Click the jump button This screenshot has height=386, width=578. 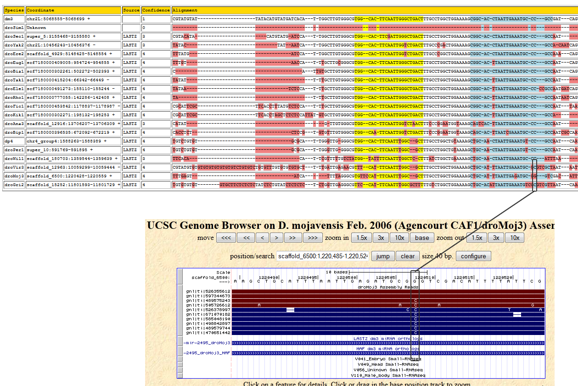[382, 256]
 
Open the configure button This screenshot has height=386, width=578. [473, 256]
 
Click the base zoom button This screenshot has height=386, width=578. [422, 238]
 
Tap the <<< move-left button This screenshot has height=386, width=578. [226, 238]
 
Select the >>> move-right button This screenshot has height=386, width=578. [312, 238]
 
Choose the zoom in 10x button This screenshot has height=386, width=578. [399, 238]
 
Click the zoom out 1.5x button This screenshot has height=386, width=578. [477, 238]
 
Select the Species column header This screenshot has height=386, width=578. [14, 10]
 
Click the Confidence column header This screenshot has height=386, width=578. [156, 10]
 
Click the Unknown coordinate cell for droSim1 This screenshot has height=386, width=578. [36, 28]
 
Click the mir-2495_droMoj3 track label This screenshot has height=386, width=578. [207, 343]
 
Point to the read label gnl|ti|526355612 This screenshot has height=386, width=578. [208, 291]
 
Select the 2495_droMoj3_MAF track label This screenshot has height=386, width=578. [207, 353]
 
